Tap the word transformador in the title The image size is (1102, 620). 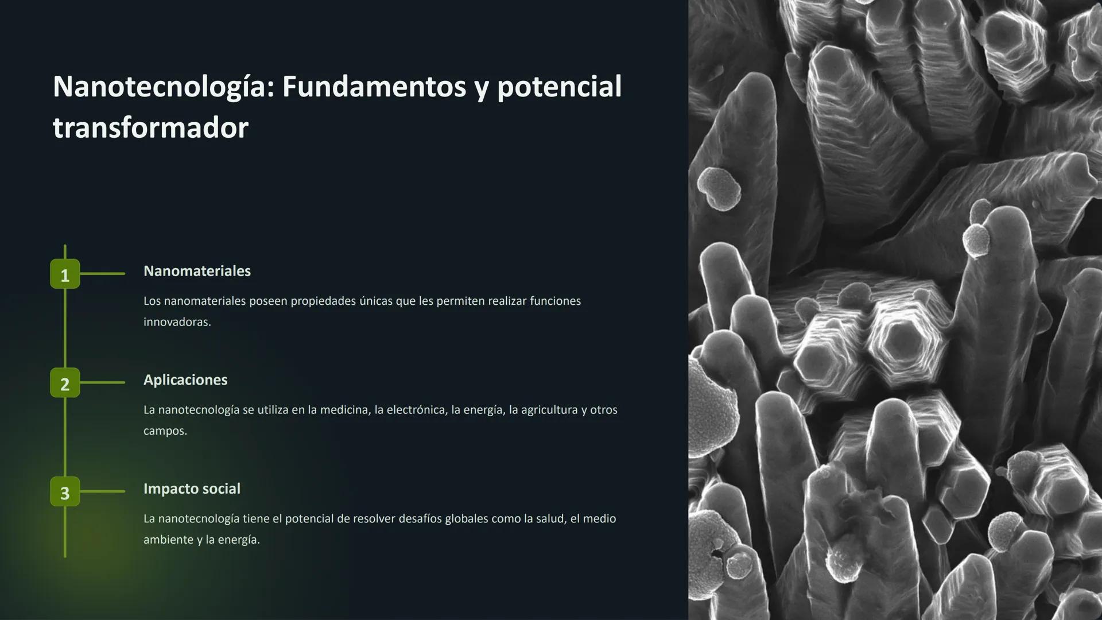pyautogui.click(x=150, y=127)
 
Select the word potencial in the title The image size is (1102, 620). pyautogui.click(x=559, y=87)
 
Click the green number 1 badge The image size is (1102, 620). pyautogui.click(x=65, y=274)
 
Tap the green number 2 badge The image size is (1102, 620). pyautogui.click(x=65, y=383)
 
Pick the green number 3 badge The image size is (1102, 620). pyautogui.click(x=65, y=492)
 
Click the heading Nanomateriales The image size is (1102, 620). pyautogui.click(x=197, y=271)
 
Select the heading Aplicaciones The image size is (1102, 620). pyautogui.click(x=185, y=380)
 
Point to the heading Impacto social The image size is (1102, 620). pyautogui.click(x=192, y=489)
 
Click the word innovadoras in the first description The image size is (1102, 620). pyautogui.click(x=176, y=322)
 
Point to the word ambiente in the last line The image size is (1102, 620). pyautogui.click(x=168, y=540)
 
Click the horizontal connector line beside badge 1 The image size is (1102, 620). pyautogui.click(x=102, y=274)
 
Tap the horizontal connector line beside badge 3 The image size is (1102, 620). pyautogui.click(x=102, y=491)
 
